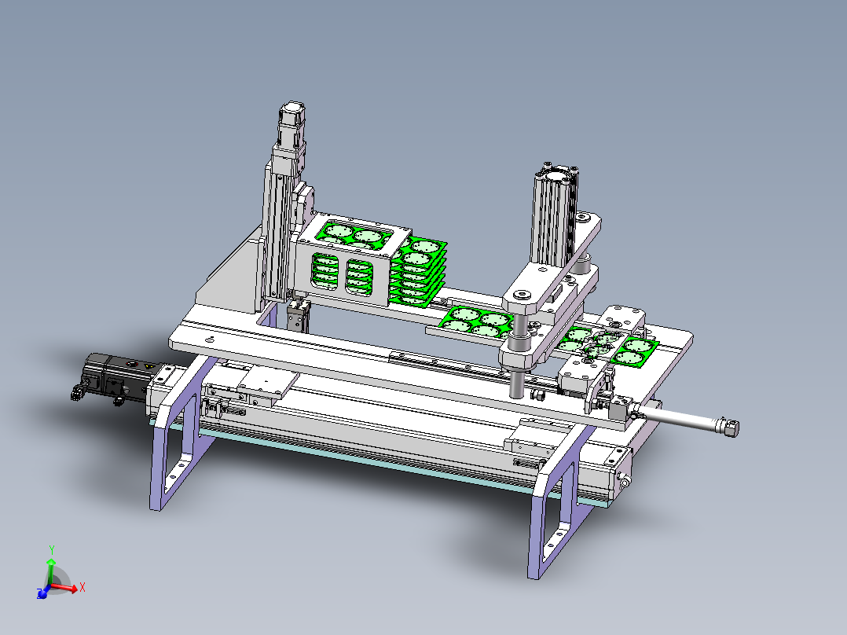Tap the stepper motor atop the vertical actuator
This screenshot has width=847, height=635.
[x=292, y=123]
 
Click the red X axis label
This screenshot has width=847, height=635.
[x=82, y=587]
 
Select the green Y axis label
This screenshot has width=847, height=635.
[x=52, y=550]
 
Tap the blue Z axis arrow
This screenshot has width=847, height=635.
[x=42, y=593]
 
